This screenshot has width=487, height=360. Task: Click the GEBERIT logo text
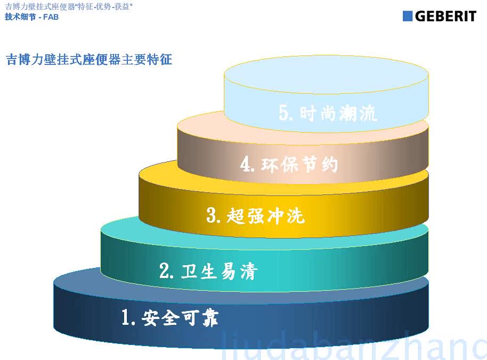(x=445, y=16)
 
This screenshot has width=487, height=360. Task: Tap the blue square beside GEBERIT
(x=407, y=16)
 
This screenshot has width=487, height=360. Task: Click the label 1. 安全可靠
(x=170, y=317)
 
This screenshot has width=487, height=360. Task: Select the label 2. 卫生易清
(x=208, y=271)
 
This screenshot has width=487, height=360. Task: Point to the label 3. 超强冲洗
(x=255, y=215)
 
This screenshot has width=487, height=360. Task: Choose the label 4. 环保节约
(x=289, y=164)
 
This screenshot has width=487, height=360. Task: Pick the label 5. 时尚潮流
(x=328, y=113)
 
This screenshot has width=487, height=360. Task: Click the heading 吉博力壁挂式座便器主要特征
(x=89, y=59)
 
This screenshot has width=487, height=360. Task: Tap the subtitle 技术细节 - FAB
(x=31, y=17)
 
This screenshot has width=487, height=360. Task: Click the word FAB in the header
(x=51, y=17)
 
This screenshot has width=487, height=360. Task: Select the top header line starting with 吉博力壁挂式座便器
(x=69, y=6)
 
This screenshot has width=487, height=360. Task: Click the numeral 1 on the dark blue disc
(x=125, y=317)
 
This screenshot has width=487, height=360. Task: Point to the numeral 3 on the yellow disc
(x=212, y=215)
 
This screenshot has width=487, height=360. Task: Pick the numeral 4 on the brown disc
(x=245, y=164)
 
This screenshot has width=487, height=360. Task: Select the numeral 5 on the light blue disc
(x=284, y=112)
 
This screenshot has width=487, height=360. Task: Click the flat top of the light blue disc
(x=326, y=75)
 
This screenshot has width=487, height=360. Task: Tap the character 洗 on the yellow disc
(x=296, y=216)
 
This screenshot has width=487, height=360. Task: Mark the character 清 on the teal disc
(x=249, y=272)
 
